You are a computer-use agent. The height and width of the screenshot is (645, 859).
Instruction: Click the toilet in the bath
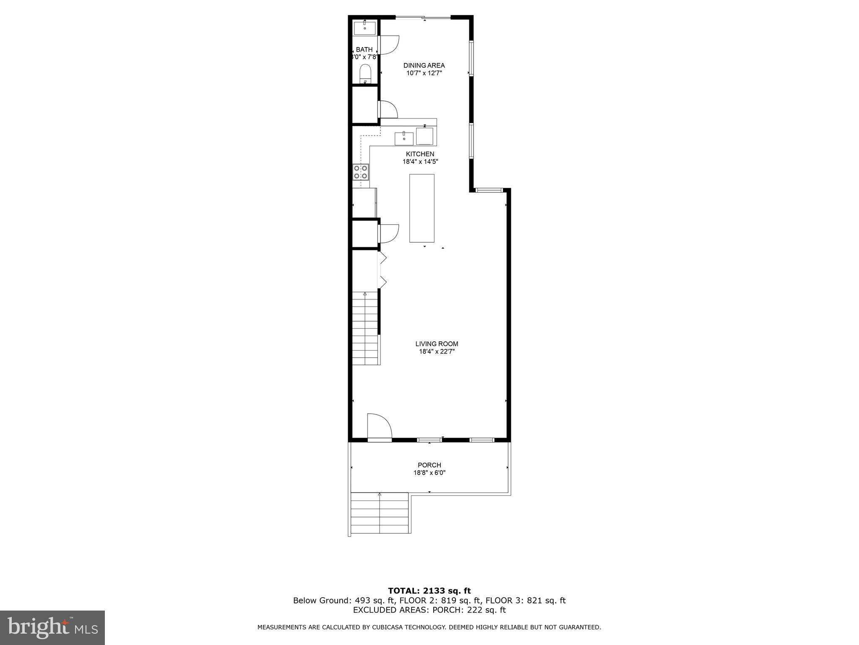(x=365, y=74)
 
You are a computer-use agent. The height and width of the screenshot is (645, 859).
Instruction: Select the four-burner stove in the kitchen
(x=361, y=172)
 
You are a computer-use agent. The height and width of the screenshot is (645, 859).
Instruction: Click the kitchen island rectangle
(x=422, y=208)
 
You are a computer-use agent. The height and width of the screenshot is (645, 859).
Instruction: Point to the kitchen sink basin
(x=404, y=138)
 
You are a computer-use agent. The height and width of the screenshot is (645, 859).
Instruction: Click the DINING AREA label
(x=424, y=66)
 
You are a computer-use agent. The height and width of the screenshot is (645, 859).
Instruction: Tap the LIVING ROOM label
(x=437, y=344)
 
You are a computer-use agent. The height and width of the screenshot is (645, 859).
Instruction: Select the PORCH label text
(x=429, y=465)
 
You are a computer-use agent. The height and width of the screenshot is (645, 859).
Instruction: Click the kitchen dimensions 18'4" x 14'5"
(x=420, y=162)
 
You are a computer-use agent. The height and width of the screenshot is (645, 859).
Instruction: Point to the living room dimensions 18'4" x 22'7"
(x=437, y=352)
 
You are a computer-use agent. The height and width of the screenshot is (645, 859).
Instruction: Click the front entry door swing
(x=379, y=427)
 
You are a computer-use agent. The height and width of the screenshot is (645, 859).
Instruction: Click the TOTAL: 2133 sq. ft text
(x=429, y=591)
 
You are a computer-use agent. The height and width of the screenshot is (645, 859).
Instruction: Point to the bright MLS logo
(x=52, y=628)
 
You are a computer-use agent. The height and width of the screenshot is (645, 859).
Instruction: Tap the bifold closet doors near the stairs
(x=382, y=270)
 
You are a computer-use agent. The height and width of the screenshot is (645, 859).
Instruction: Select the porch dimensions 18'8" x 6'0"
(x=429, y=473)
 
